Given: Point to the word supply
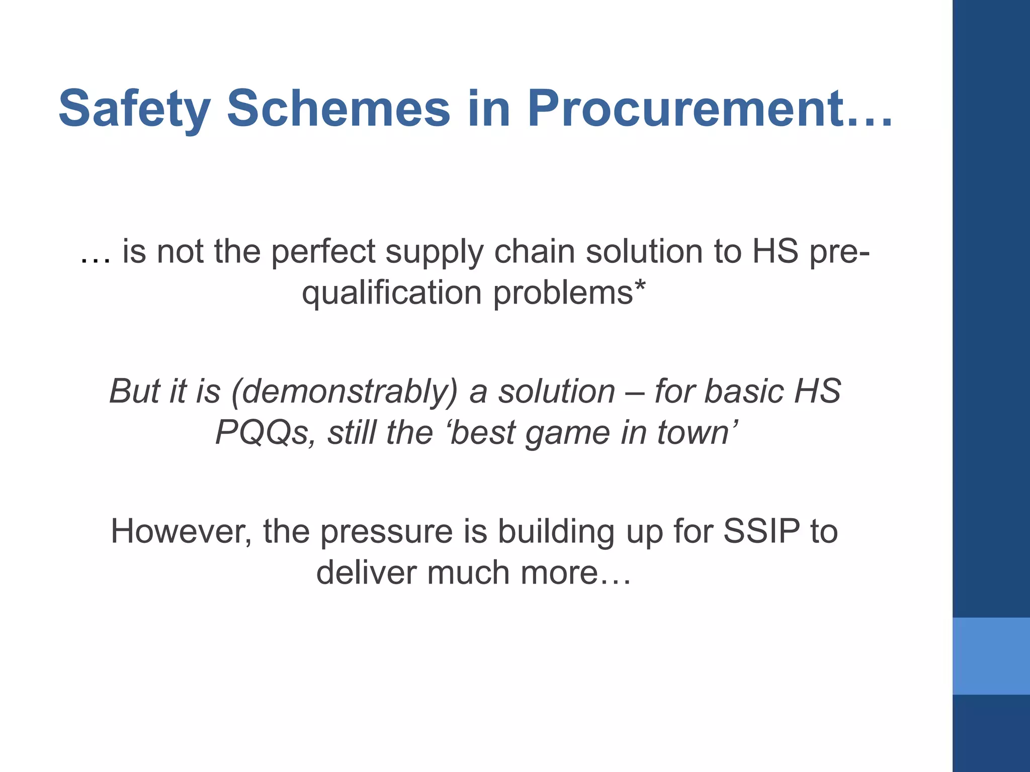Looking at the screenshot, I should pos(434,252).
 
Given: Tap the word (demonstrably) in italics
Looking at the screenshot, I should pos(345,392).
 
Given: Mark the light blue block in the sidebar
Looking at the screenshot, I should pos(991,656).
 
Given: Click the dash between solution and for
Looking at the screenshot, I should pos(635,393).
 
